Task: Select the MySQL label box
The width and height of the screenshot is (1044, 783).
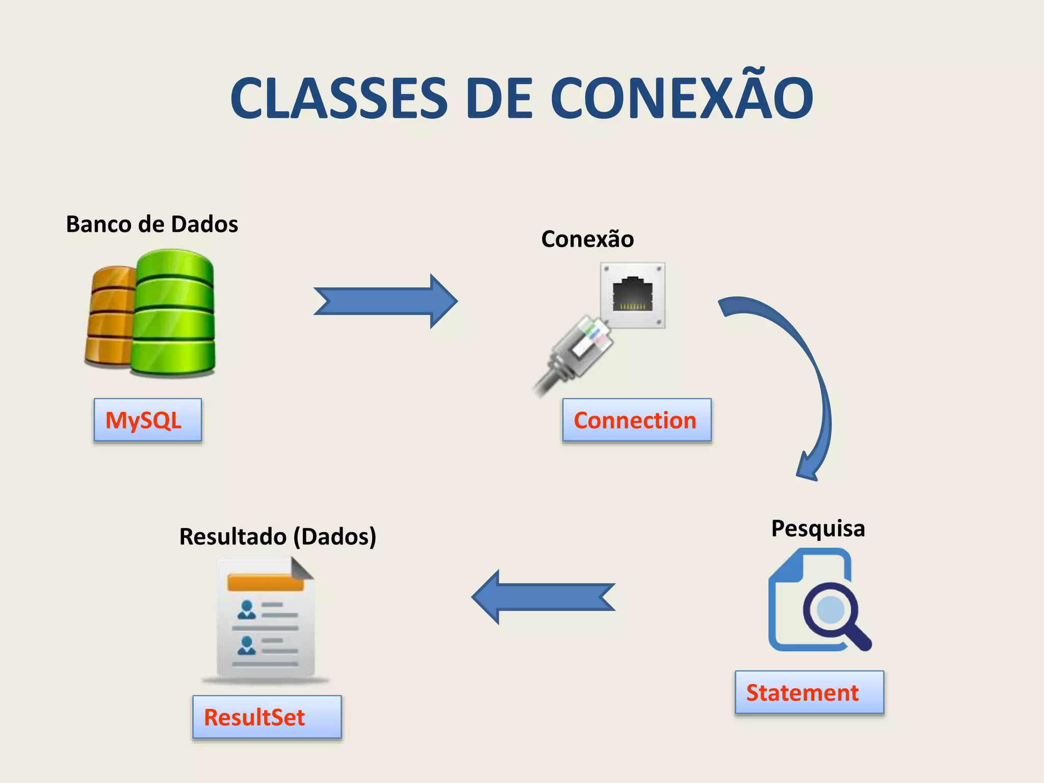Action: point(148,420)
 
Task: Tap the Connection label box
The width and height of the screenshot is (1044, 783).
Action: point(637,420)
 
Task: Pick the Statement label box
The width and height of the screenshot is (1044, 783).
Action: point(809,692)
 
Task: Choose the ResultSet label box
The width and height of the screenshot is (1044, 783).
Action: point(267,717)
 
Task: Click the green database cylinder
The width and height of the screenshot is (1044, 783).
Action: point(173,314)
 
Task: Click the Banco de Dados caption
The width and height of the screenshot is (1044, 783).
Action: point(152,224)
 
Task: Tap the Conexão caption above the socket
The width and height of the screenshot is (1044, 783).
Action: point(587,239)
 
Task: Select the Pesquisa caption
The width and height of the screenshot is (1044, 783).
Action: point(818,528)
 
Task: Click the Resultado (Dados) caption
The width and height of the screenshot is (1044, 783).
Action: point(278,536)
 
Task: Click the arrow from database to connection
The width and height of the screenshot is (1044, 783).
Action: point(385,301)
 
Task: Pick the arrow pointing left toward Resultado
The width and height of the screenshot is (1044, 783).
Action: point(543,597)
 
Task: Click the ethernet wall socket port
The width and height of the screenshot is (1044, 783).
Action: point(633,295)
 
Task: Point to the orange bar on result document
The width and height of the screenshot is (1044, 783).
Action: point(265,582)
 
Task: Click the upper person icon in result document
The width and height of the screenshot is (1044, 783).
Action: point(247,609)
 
